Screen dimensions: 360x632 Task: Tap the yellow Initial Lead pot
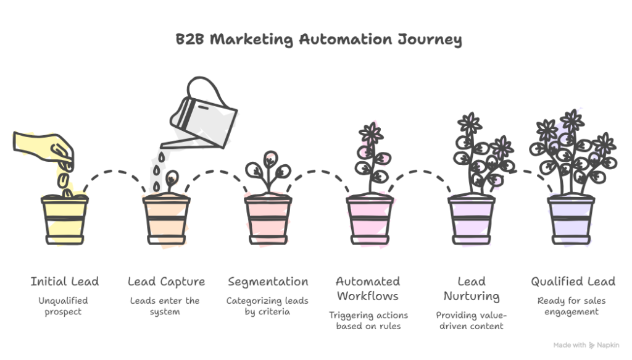[x=64, y=219]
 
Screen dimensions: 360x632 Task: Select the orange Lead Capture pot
[x=166, y=219]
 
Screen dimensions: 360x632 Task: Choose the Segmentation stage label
[x=268, y=282]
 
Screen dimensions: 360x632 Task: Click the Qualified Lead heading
[x=573, y=282]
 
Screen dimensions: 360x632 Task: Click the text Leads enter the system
[x=165, y=306]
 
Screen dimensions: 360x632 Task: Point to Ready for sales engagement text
[x=573, y=306]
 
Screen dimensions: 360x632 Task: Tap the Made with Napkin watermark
[x=586, y=346]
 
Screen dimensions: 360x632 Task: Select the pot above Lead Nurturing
[x=471, y=219]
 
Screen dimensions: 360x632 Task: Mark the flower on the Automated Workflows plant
[x=370, y=133]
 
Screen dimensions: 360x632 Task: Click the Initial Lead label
[x=65, y=282]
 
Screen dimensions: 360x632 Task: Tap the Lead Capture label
[x=166, y=282]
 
